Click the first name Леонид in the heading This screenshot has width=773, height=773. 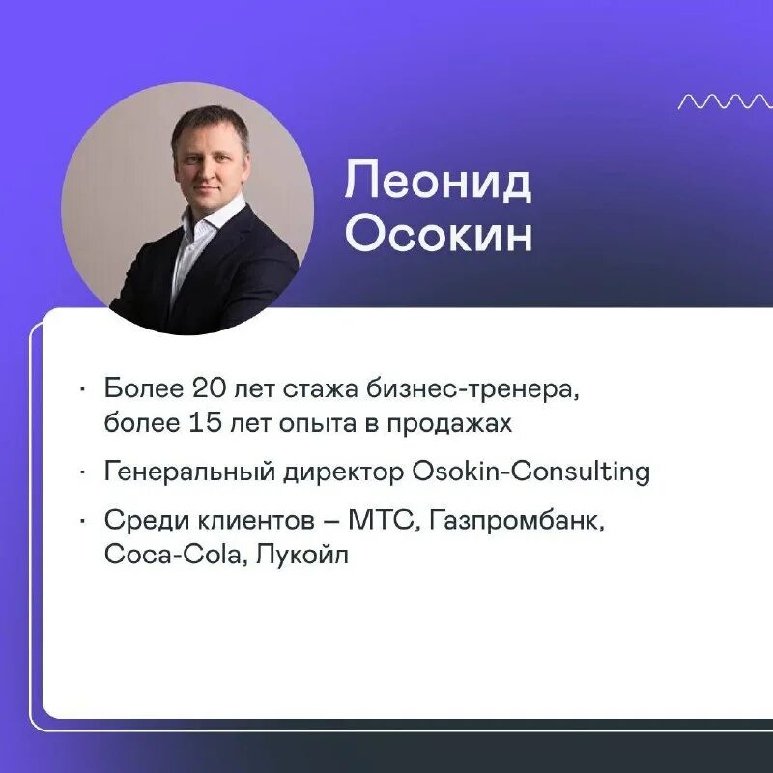pos(438,182)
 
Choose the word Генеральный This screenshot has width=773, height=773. pos(189,472)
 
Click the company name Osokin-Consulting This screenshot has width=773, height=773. pos(530,472)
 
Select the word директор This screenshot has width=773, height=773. pos(344,472)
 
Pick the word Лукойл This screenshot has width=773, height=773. pos(301,557)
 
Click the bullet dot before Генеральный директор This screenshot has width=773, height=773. pos(84,473)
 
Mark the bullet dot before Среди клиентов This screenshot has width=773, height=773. pos(84,523)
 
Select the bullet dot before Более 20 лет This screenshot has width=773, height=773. pos(84,390)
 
